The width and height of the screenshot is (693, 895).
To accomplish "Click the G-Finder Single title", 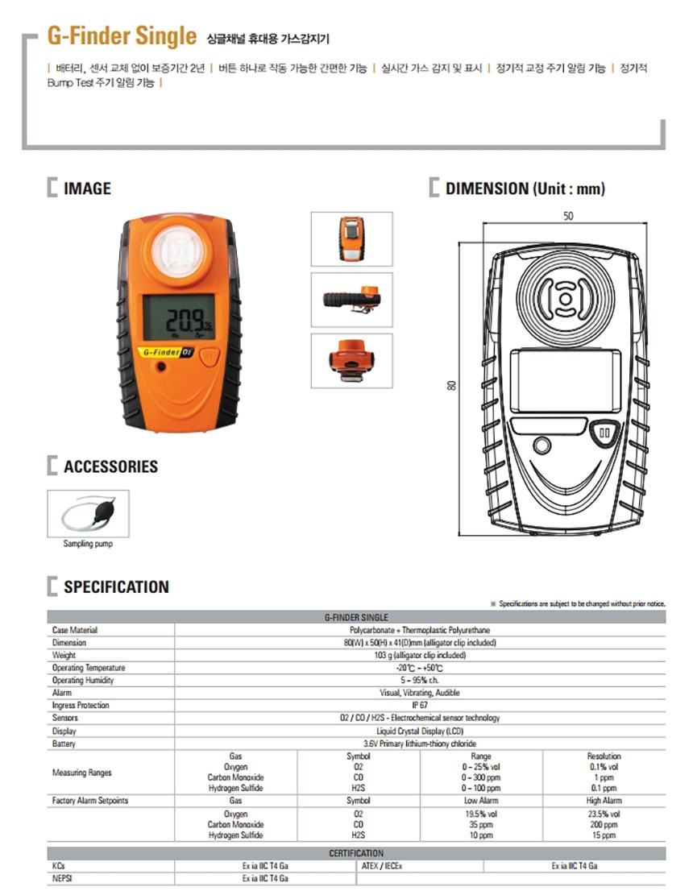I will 122,36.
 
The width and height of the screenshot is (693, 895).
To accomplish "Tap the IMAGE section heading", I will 87,189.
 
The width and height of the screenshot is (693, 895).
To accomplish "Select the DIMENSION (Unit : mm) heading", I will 525,189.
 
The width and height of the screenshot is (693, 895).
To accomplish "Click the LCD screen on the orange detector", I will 178,319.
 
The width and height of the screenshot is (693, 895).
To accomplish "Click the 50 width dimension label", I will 568,217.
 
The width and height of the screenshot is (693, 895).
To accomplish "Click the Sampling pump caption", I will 88,544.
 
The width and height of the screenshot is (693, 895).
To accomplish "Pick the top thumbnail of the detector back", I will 351,238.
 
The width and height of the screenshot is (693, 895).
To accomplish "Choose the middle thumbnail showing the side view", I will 351,299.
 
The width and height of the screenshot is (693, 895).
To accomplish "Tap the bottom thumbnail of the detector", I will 351,360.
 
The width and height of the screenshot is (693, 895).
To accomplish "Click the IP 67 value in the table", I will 420,705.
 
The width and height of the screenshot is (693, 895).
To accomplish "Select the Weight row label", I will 64,656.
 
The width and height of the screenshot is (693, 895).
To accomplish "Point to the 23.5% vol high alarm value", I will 604,814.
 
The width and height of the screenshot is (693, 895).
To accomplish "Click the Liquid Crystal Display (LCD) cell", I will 420,731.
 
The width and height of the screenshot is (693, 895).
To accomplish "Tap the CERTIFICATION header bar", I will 356,853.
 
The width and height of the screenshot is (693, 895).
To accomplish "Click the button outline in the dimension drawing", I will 604,433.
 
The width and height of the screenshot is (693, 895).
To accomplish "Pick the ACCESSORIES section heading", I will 110,467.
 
